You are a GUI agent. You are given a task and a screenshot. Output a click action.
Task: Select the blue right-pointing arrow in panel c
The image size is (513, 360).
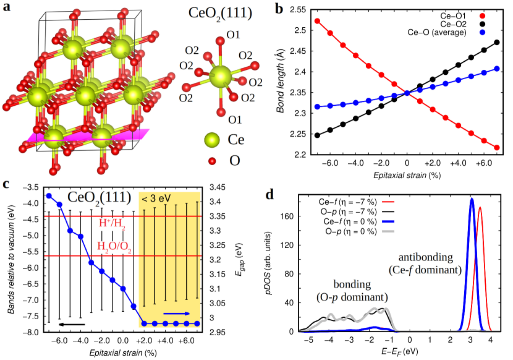(177, 314)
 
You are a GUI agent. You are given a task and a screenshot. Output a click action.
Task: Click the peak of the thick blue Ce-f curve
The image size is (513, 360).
(472, 199)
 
